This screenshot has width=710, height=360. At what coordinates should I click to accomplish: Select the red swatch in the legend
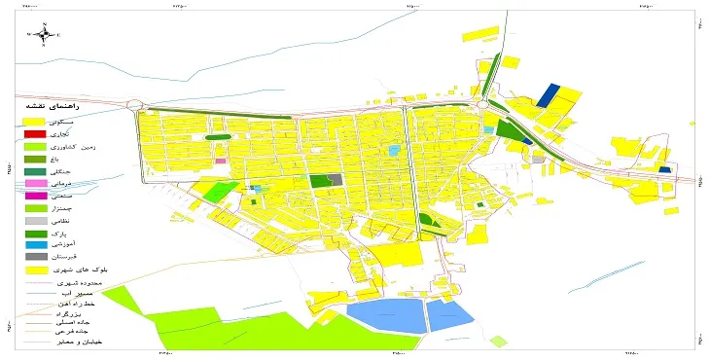coord(34,133)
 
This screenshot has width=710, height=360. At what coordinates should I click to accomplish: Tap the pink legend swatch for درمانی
coord(34,183)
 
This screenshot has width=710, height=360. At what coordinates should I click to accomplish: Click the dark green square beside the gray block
coord(319,181)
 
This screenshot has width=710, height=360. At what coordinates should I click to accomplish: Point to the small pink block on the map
coord(220,161)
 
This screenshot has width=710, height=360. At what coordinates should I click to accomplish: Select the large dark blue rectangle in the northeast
coord(549,94)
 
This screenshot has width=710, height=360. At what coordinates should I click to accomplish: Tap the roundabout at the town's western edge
coord(134,105)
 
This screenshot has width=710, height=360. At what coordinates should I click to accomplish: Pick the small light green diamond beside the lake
coord(499,342)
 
